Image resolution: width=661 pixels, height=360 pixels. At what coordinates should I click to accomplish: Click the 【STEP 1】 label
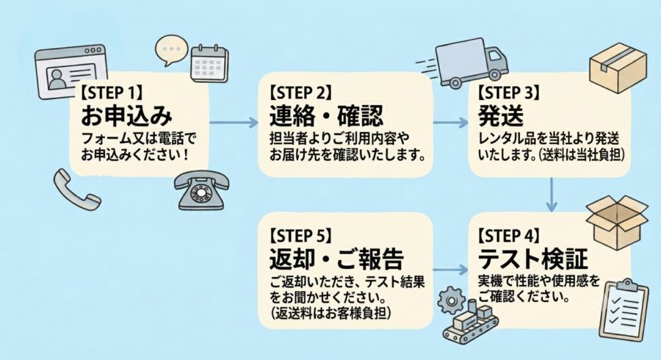(x=112, y=93)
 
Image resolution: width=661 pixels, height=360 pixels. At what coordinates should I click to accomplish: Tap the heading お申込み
(x=126, y=115)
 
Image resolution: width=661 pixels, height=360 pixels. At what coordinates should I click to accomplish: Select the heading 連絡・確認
(x=326, y=115)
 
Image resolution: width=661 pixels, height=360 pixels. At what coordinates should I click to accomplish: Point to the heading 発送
(x=500, y=115)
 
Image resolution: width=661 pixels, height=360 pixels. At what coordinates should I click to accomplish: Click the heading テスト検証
(x=533, y=259)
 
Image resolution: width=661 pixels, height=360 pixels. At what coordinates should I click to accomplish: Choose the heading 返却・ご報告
(x=336, y=259)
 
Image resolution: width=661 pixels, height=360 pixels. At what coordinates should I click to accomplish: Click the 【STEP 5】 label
(x=300, y=236)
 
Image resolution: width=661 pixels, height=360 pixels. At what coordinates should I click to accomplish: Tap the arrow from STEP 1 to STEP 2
(x=234, y=123)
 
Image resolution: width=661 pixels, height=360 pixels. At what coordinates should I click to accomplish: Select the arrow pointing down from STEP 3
(x=552, y=195)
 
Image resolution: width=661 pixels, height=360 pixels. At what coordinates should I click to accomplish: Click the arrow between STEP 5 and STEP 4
(x=450, y=270)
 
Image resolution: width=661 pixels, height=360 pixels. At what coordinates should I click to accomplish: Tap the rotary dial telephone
(x=202, y=190)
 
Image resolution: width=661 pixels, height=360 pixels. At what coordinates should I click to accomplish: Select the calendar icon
(x=209, y=63)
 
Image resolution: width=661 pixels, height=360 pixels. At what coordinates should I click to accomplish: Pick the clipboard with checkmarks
(x=624, y=310)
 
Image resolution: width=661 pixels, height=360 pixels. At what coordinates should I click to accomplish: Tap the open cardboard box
(x=617, y=221)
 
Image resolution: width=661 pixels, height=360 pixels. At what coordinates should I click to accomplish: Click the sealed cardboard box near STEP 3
(x=618, y=68)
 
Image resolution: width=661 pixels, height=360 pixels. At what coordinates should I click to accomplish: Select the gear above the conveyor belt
(x=451, y=300)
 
